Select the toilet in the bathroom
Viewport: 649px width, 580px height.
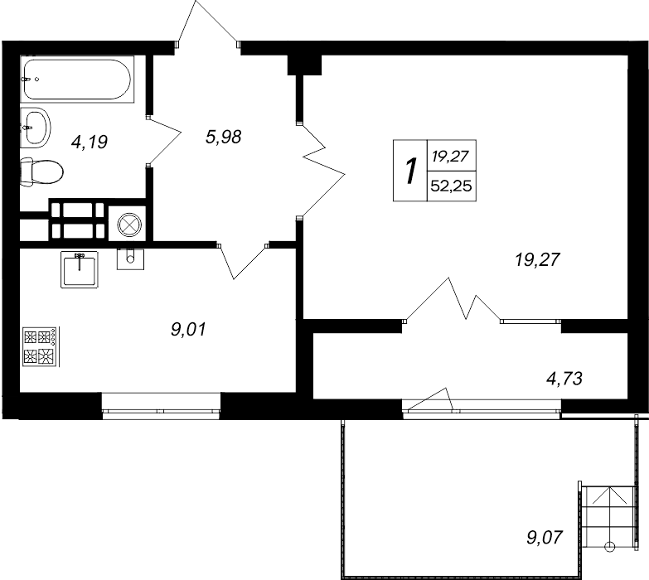(x=41, y=172)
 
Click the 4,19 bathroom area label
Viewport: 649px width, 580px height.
(x=90, y=143)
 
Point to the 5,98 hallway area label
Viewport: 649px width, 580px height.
(x=223, y=138)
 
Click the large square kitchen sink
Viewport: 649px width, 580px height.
(x=80, y=268)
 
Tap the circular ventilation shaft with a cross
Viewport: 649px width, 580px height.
(x=128, y=224)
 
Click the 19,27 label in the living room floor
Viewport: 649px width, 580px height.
(x=538, y=260)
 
